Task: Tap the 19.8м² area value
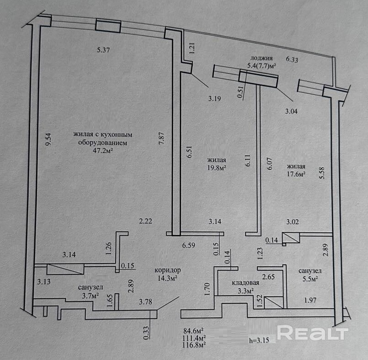[x=217, y=167]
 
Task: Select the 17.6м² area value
[x=296, y=174]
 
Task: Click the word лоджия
[x=261, y=58]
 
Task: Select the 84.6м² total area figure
[x=194, y=330]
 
